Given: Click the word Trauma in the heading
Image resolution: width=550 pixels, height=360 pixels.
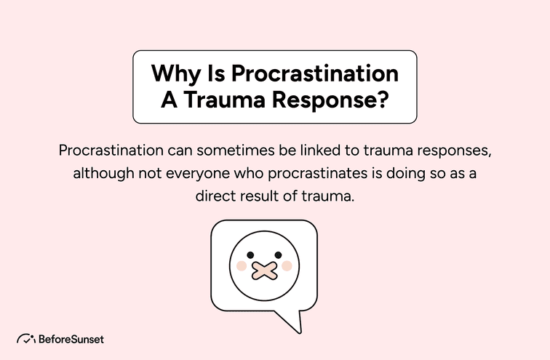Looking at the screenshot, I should tap(226, 100).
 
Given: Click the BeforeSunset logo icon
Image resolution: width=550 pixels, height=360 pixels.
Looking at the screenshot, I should tap(26, 339).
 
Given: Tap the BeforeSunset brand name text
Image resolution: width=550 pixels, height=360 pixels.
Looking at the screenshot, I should tap(71, 339).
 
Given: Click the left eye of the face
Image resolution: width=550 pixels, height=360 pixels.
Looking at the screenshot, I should tap(250, 255).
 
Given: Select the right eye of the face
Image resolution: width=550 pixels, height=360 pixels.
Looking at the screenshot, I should tap(277, 255).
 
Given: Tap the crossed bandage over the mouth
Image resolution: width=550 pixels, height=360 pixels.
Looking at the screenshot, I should tap(263, 270).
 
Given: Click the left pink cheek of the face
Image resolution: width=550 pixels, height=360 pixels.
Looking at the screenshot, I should tap(242, 266).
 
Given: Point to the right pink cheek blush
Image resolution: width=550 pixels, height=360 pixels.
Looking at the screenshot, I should tap(286, 266).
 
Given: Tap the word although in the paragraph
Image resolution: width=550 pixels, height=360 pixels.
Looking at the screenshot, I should tap(103, 175).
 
